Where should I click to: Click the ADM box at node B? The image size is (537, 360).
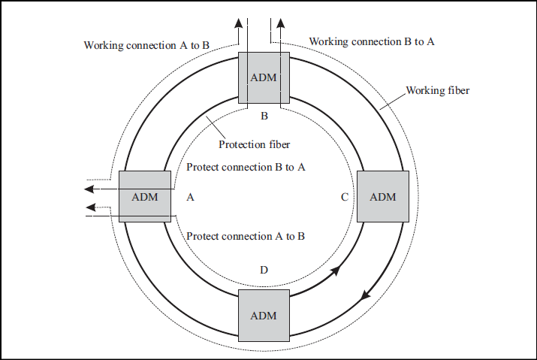pos(264,78)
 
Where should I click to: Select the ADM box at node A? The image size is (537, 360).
pos(145,196)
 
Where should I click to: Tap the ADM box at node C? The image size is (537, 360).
pos(382,196)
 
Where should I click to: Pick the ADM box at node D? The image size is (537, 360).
pos(264,315)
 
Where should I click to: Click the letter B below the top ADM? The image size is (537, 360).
pos(264,116)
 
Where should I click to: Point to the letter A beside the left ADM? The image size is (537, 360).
pos(190,197)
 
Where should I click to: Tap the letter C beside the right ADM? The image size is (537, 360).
pos(344,197)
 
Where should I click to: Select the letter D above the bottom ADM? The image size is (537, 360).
pos(264,270)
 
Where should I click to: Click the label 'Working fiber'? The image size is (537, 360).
pos(438,90)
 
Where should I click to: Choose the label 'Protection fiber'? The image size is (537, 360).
pos(254,144)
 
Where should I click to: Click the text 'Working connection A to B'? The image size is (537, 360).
pos(146,45)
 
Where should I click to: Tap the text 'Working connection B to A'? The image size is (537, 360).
pos(372,41)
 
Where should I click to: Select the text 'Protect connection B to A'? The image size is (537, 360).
pos(246,167)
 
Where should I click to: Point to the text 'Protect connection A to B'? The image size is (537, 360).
pos(246,236)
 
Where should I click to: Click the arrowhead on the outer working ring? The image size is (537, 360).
pos(365,294)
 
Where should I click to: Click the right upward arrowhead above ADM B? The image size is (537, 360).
pos(282,23)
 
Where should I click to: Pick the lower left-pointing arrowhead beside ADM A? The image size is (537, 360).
pos(91,207)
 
